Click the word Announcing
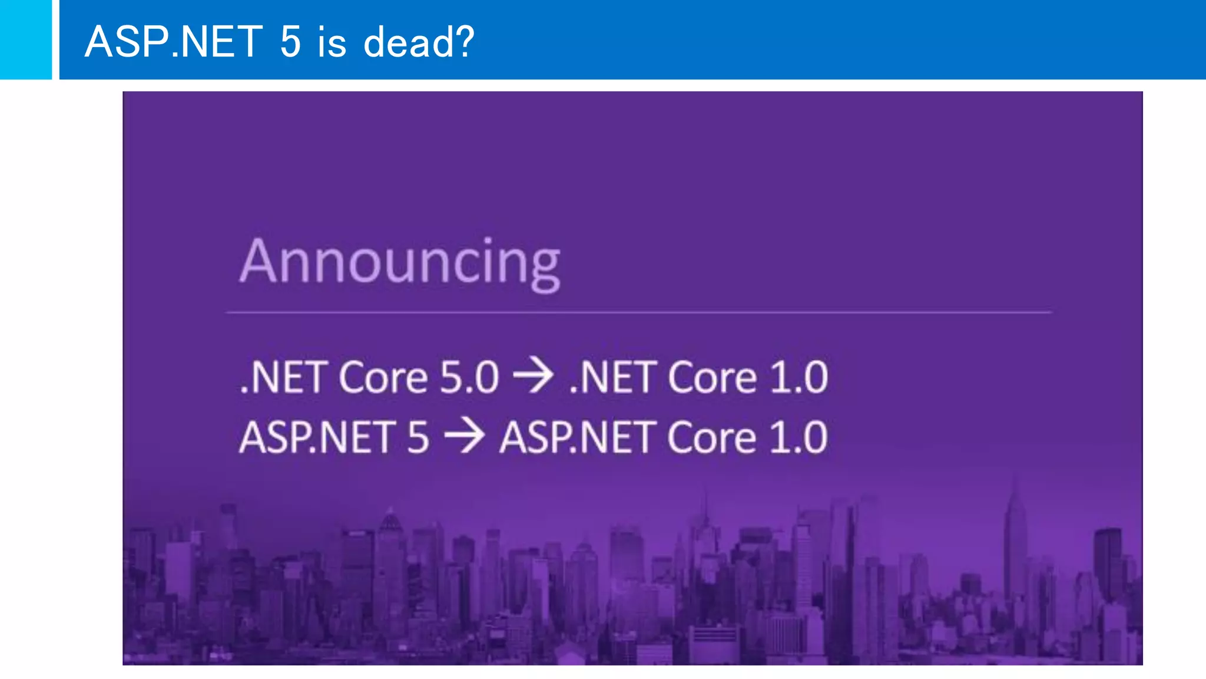(x=400, y=262)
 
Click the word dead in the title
(x=407, y=42)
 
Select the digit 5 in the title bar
(x=290, y=42)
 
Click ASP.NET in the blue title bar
(x=174, y=42)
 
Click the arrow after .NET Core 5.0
(x=534, y=375)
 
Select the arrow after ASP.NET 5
(x=465, y=436)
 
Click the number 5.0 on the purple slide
(x=469, y=377)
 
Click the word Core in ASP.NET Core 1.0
(x=711, y=437)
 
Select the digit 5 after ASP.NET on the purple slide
(x=418, y=437)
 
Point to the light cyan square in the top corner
(x=25, y=39)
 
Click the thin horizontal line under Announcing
(x=638, y=312)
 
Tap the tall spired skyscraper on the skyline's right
(x=1015, y=530)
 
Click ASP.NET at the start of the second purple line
(x=318, y=437)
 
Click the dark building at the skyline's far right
(x=1108, y=560)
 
